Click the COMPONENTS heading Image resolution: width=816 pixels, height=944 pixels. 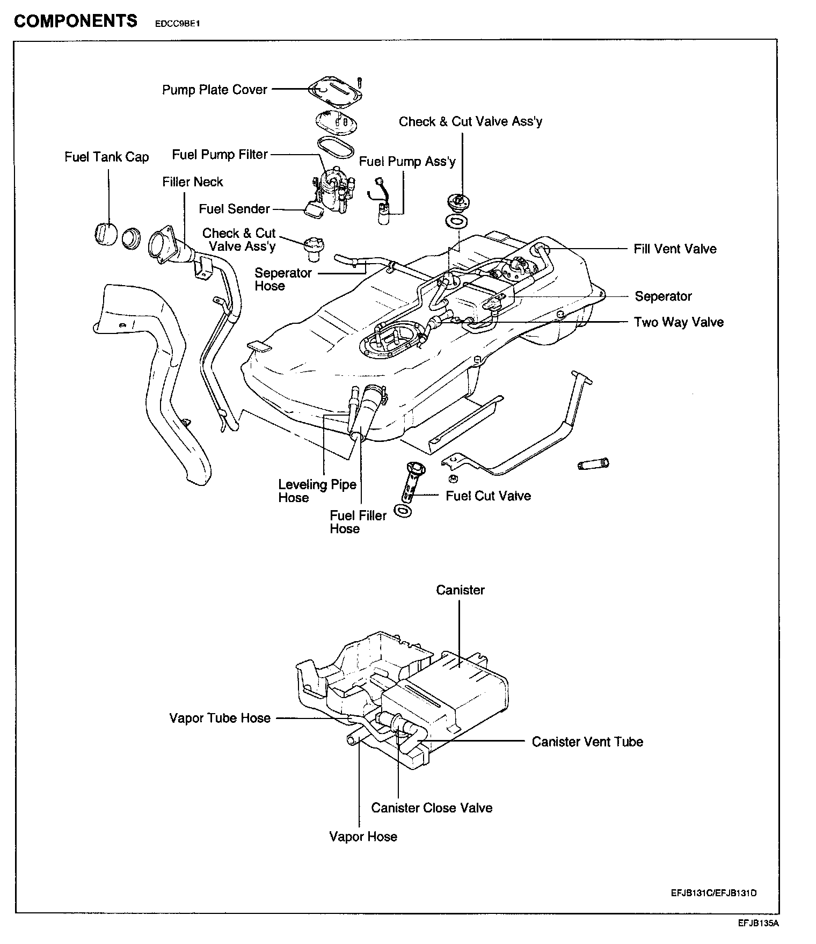[76, 21]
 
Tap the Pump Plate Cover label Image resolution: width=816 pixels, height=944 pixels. [214, 90]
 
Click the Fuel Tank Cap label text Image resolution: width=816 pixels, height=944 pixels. [106, 157]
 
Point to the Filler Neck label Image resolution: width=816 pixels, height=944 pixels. [192, 182]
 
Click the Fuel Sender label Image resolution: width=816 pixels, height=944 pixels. [234, 209]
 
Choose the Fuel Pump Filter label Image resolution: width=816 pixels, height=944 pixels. [220, 155]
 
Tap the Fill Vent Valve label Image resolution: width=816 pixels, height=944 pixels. [675, 249]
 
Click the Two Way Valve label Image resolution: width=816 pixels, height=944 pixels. [679, 322]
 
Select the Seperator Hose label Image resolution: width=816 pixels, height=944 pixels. [283, 279]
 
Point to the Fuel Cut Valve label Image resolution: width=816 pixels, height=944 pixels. [488, 496]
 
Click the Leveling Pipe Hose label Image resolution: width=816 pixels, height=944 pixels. [317, 491]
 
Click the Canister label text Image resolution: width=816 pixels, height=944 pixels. [460, 590]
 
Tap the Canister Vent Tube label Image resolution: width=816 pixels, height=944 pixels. [587, 742]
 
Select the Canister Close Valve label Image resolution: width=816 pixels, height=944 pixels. [432, 808]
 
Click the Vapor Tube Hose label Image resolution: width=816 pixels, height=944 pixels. [220, 718]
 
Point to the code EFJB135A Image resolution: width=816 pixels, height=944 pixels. [757, 924]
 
